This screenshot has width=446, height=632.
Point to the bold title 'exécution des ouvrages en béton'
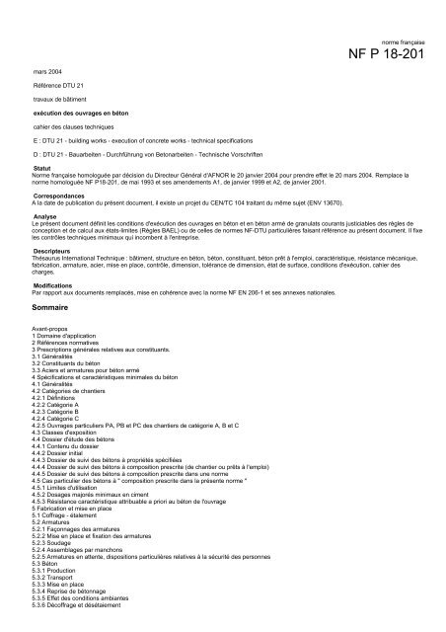pyautogui.click(x=76, y=114)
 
